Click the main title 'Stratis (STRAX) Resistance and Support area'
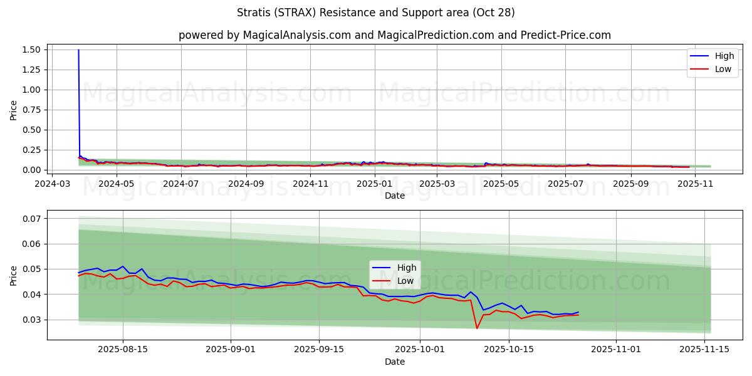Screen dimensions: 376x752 (x=376, y=13)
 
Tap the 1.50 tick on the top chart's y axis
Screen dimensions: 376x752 (x=31, y=50)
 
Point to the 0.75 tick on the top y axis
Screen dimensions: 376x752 (x=31, y=110)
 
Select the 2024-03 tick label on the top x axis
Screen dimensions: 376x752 (x=52, y=184)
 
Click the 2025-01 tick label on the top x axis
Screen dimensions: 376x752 (x=375, y=184)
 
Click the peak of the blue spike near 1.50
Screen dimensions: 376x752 (x=78, y=50)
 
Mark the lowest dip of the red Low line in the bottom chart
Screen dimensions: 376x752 (x=477, y=328)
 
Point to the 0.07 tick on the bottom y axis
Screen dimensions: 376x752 (x=31, y=219)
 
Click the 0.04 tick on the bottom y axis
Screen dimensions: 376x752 (x=31, y=295)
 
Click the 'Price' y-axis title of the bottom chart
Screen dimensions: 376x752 (x=14, y=275)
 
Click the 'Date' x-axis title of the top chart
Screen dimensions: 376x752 (x=395, y=196)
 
